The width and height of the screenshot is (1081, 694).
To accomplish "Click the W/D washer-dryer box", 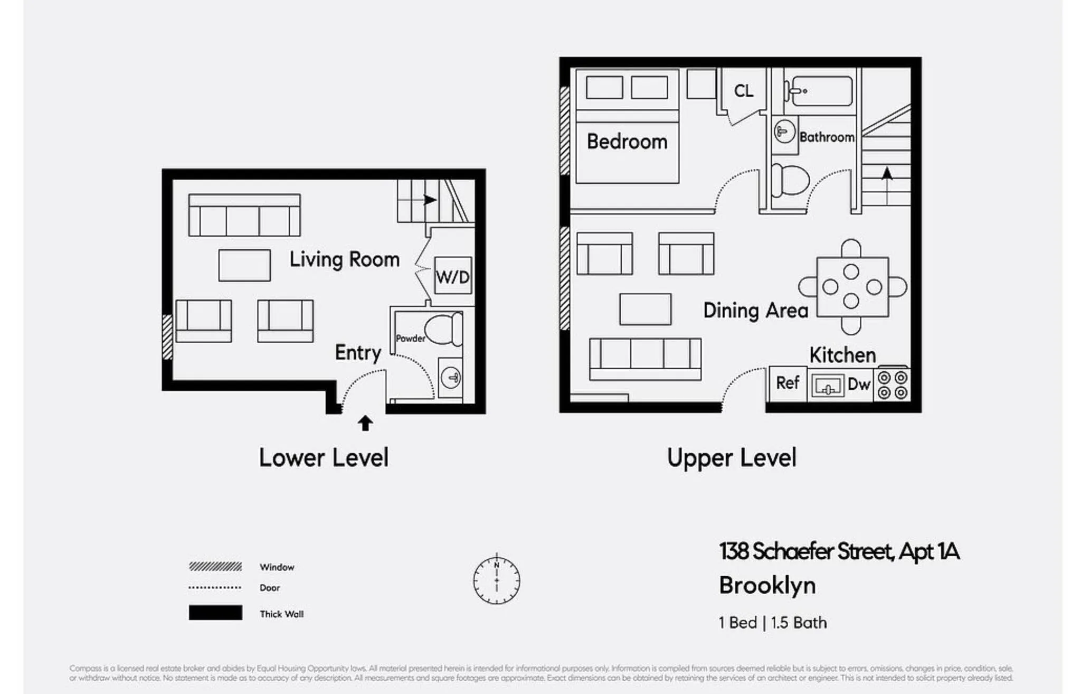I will pos(452,276).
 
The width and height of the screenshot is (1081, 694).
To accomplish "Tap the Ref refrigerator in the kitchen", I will pos(787,383).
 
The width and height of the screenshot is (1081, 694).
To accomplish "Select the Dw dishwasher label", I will pos(858,384).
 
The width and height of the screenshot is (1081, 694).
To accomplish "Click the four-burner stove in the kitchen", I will pos(892,385).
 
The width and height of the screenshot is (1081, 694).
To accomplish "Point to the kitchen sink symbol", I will pos(827,386).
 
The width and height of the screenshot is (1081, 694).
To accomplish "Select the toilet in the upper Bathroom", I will pos(790,180).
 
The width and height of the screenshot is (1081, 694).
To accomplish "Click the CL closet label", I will pos(743,91).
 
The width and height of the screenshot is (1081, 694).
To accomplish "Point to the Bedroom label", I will pos(627,142).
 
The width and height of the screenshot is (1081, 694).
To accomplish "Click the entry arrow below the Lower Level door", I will pos(365,423).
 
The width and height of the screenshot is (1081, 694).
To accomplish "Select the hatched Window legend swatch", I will pos(215,567).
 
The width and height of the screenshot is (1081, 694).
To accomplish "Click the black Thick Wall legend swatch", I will pos(215,613).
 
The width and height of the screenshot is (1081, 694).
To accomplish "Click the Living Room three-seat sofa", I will pos(244,215).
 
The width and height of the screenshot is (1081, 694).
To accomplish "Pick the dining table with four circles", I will pos(852,287).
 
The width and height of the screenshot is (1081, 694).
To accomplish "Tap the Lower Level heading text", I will pos(323,457).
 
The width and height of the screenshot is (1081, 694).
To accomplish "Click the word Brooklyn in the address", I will pos(767,585).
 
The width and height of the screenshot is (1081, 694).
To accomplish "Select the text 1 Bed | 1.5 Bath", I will pos(772,623).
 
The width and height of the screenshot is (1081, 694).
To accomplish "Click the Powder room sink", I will pos(451,377).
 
